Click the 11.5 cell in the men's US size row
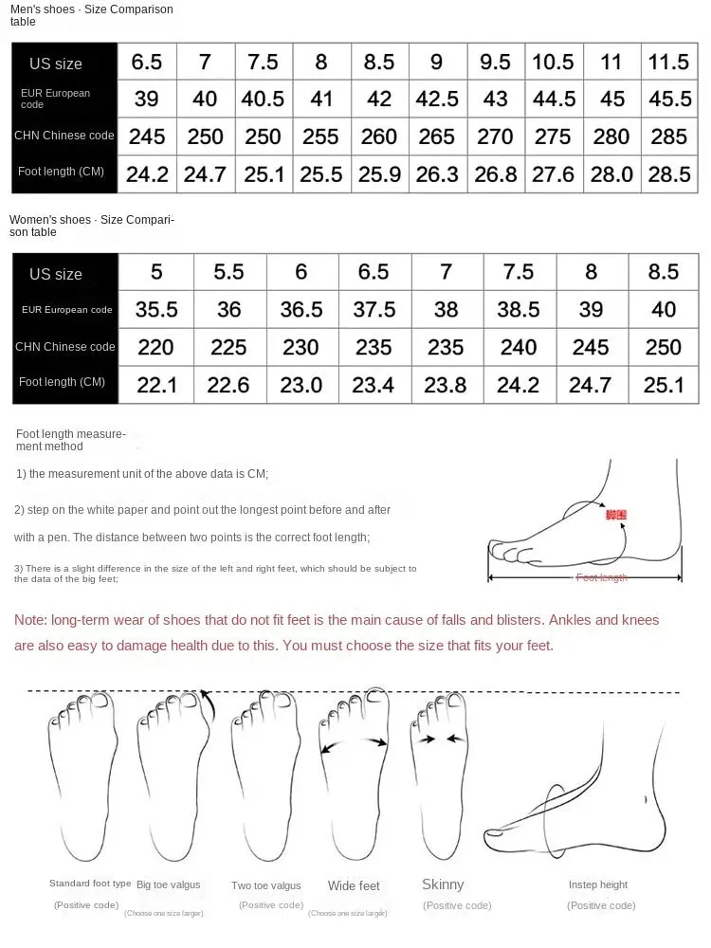pyautogui.click(x=668, y=63)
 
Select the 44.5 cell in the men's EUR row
pyautogui.click(x=553, y=99)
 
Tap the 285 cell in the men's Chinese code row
pyautogui.click(x=668, y=137)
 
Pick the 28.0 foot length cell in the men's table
pyautogui.click(x=611, y=174)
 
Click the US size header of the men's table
pyautogui.click(x=56, y=64)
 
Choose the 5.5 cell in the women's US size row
pyautogui.click(x=228, y=272)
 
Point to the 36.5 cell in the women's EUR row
pyautogui.click(x=301, y=310)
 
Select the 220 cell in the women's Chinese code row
pyautogui.click(x=155, y=348)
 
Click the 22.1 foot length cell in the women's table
pyautogui.click(x=155, y=384)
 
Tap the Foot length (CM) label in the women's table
pyautogui.click(x=62, y=382)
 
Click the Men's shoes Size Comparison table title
pyautogui.click(x=92, y=15)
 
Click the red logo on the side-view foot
pyautogui.click(x=616, y=515)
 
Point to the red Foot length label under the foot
pyautogui.click(x=602, y=577)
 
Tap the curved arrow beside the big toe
pyautogui.click(x=206, y=705)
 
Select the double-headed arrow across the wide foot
pyautogui.click(x=354, y=744)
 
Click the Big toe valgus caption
pyautogui.click(x=169, y=884)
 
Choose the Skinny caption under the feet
pyautogui.click(x=443, y=884)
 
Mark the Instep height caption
pyautogui.click(x=598, y=884)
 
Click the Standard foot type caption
pyautogui.click(x=90, y=884)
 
